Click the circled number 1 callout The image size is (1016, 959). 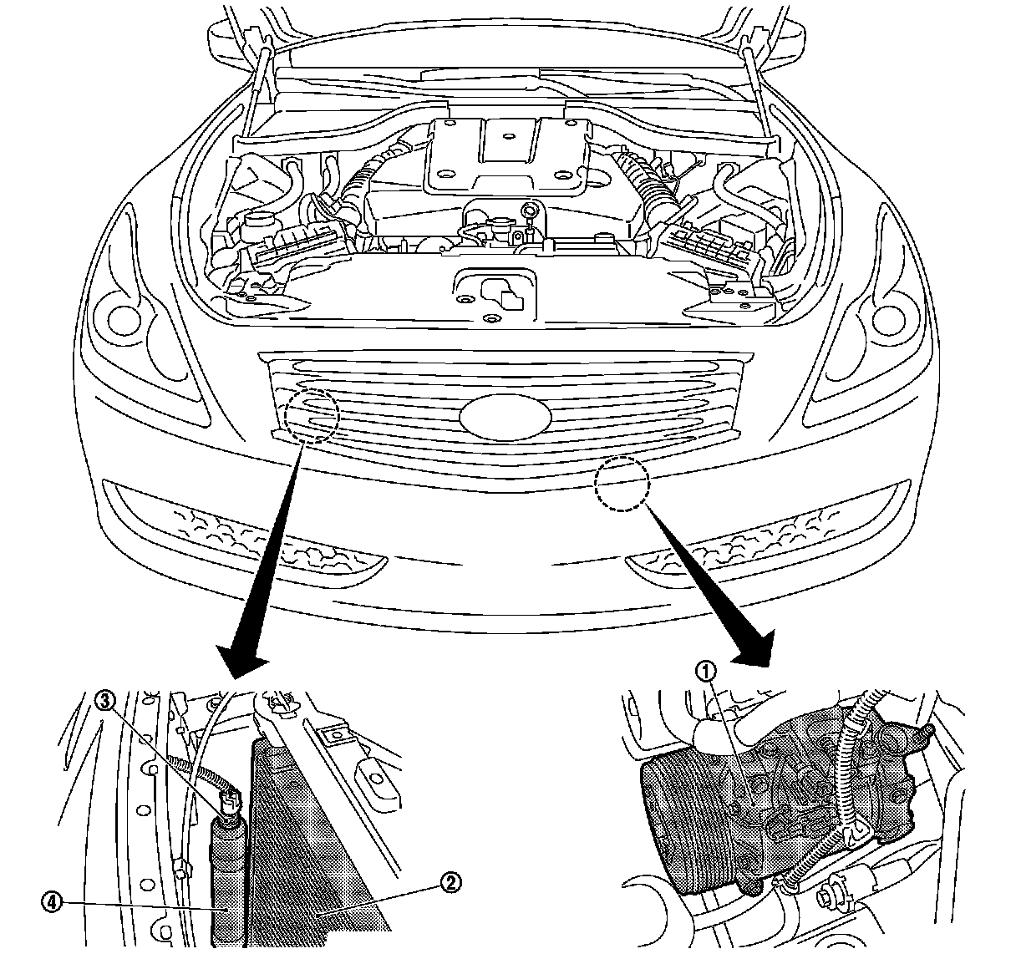(707, 671)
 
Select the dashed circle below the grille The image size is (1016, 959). (622, 484)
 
